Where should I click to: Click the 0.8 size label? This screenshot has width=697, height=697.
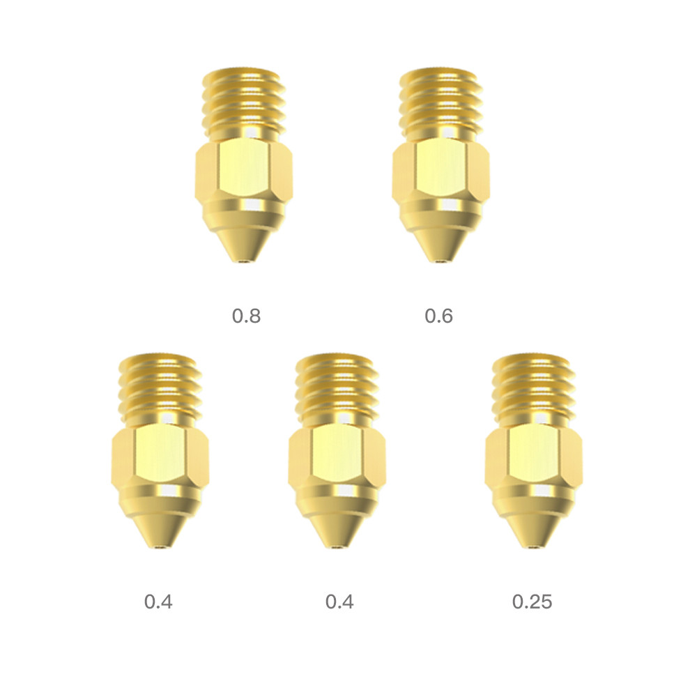246,316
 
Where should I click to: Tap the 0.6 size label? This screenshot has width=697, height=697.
438,316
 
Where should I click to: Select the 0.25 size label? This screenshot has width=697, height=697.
532,602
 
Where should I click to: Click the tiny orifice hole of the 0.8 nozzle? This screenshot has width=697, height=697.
243,262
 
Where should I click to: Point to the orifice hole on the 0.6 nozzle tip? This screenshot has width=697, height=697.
441,262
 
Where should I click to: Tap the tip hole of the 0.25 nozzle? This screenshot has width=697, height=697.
534,548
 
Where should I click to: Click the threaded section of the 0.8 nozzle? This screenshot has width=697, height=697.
243,101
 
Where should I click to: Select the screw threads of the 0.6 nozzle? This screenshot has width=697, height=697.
441,101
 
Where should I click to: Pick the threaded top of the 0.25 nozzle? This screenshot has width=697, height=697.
534,387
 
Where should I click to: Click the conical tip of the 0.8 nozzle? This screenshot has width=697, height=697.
243,244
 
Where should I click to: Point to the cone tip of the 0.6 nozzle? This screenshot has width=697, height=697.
441,244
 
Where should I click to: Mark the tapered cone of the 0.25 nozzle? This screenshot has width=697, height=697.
534,530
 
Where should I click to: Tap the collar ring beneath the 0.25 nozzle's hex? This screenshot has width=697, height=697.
534,496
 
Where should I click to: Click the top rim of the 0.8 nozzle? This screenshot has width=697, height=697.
243,71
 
